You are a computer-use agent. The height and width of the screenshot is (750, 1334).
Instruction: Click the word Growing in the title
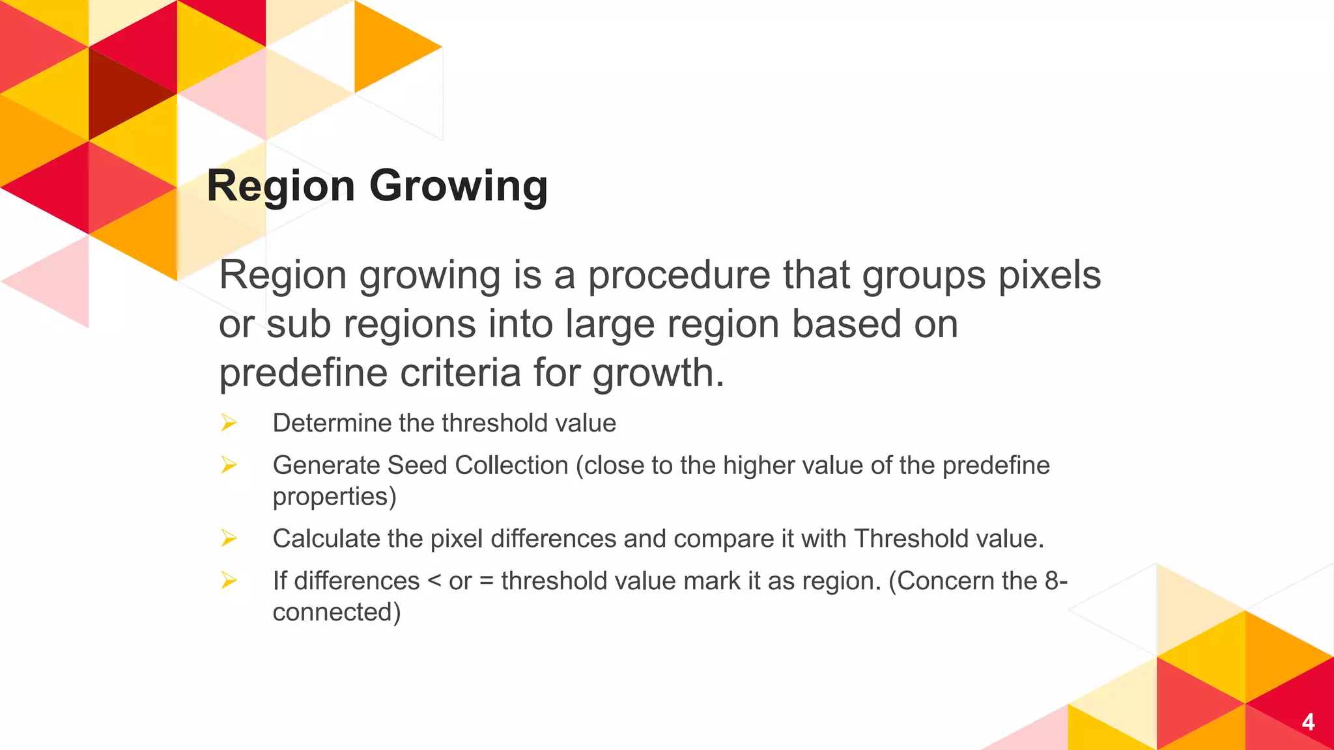click(459, 186)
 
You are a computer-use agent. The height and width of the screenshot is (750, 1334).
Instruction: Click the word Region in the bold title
click(281, 186)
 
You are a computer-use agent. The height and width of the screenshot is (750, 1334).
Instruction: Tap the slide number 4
click(1308, 722)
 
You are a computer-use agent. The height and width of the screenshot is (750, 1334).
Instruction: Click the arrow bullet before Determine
click(229, 423)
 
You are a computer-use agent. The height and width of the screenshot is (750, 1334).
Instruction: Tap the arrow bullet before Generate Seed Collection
click(229, 465)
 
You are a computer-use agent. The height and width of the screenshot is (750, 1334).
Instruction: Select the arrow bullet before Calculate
click(229, 538)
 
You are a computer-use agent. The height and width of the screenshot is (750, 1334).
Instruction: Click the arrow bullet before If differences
click(229, 581)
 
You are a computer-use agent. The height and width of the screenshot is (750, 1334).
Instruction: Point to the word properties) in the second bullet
click(334, 497)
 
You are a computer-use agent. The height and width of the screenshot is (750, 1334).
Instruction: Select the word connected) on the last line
click(336, 613)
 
